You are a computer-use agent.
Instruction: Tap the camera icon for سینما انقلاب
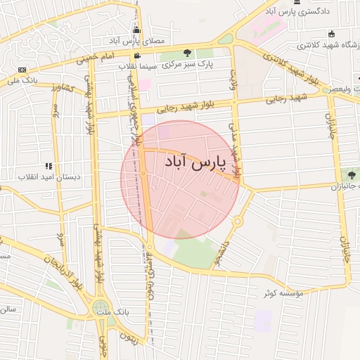[x=136, y=56]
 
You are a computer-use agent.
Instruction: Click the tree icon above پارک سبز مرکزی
[x=187, y=53]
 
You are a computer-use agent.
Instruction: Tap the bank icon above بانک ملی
[x=22, y=70]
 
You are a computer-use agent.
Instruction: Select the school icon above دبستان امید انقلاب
[x=49, y=167]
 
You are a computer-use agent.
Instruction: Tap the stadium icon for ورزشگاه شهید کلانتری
[x=332, y=34]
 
